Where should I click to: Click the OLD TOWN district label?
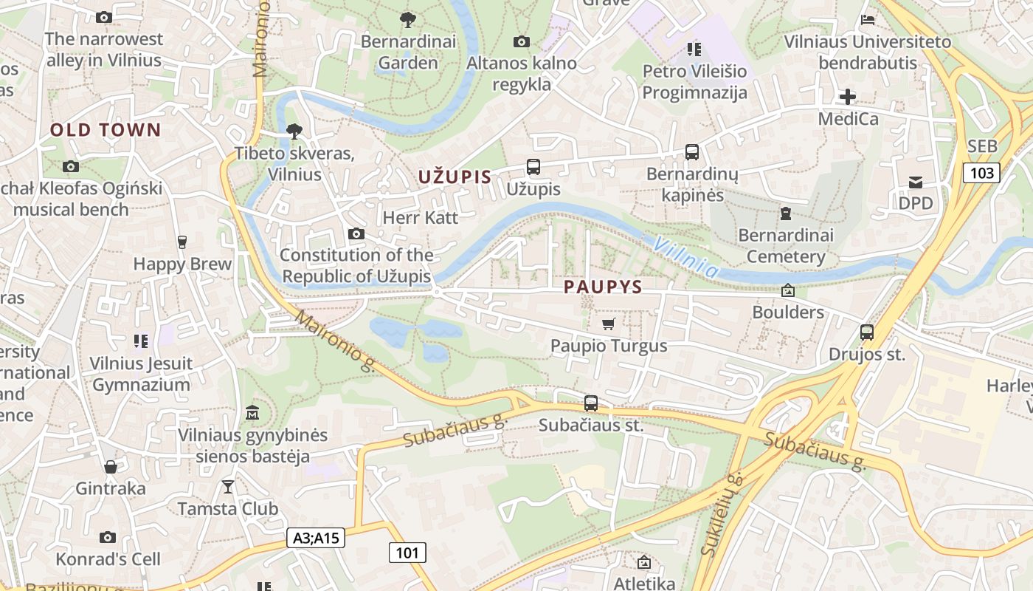click(105, 131)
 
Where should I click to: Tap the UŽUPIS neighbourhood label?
click(455, 177)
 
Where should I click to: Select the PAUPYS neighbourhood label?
click(603, 287)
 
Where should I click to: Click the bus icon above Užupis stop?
click(533, 167)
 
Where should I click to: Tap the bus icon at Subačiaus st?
click(591, 403)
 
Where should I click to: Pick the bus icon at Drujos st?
click(867, 332)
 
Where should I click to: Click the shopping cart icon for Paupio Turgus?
click(609, 324)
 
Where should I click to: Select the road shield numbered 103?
click(981, 173)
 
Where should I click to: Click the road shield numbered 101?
click(407, 552)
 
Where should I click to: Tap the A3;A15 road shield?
click(316, 538)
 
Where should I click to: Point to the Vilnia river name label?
click(685, 258)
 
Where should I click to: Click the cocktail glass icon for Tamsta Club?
click(228, 486)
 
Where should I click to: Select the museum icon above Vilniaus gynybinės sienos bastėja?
click(252, 412)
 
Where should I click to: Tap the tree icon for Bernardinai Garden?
click(407, 20)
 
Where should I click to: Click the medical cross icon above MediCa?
click(848, 97)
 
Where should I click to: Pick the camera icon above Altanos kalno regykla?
click(522, 41)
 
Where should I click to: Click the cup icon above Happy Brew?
click(182, 242)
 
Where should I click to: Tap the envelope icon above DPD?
click(916, 182)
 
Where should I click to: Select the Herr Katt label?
click(420, 218)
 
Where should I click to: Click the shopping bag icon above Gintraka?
click(111, 467)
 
